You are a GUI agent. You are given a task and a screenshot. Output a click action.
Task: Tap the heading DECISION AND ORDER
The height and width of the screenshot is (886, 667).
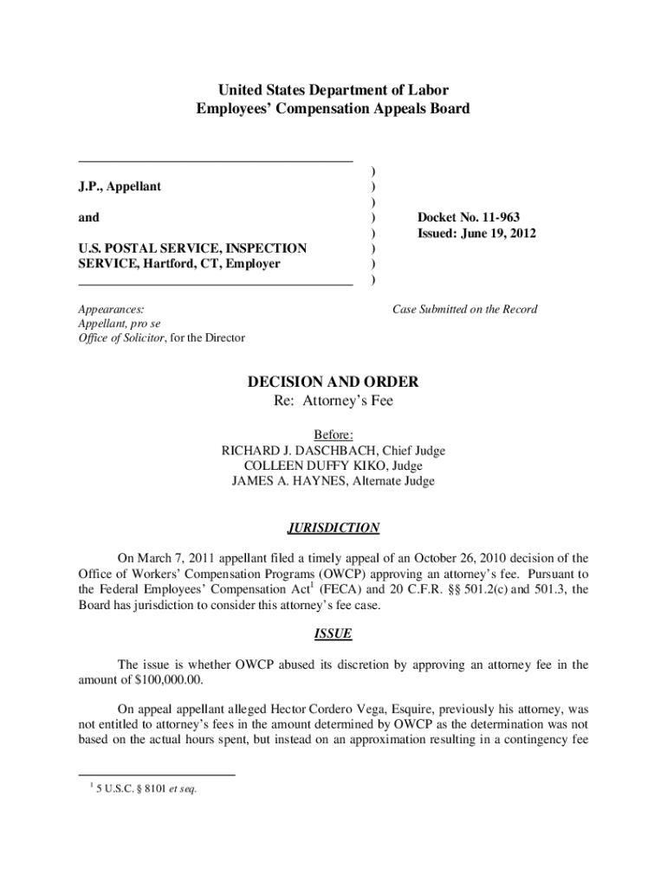333,382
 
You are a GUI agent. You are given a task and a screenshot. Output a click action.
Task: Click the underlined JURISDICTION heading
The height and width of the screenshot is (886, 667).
333,527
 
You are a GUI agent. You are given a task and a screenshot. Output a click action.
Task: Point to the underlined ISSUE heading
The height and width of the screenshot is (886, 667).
333,633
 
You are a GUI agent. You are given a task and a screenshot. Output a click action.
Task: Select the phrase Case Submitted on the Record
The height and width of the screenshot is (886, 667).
464,309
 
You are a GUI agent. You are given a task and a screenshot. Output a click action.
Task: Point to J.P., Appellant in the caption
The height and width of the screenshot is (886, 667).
120,186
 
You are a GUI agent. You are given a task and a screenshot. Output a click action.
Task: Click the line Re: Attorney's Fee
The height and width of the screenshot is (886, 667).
333,401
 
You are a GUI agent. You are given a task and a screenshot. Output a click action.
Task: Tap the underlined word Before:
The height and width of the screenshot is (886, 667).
333,434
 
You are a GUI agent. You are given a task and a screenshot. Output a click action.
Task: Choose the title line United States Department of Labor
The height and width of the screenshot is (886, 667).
333,90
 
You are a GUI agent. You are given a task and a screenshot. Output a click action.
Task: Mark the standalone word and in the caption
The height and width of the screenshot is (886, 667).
88,217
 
